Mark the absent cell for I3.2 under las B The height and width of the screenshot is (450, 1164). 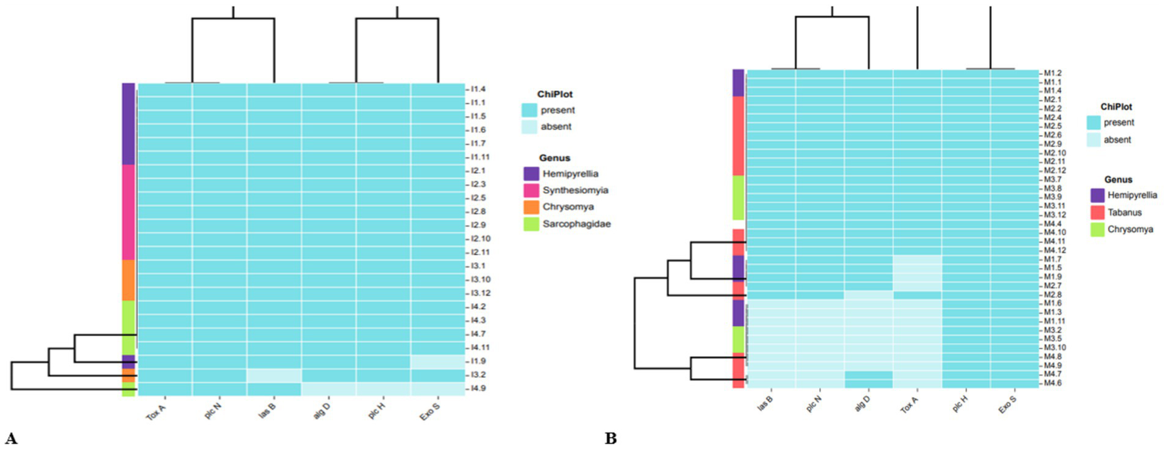pyautogui.click(x=274, y=375)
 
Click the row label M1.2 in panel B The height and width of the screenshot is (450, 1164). pyautogui.click(x=1053, y=73)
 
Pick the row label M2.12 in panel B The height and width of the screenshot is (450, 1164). pyautogui.click(x=1055, y=170)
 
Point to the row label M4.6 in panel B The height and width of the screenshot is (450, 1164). pyautogui.click(x=1053, y=383)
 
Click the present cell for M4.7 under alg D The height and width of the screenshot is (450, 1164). pyautogui.click(x=868, y=374)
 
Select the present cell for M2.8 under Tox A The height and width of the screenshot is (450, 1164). pyautogui.click(x=917, y=295)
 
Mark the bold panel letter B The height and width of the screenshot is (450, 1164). pyautogui.click(x=610, y=438)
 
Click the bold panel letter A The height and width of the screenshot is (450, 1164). pyautogui.click(x=11, y=438)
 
